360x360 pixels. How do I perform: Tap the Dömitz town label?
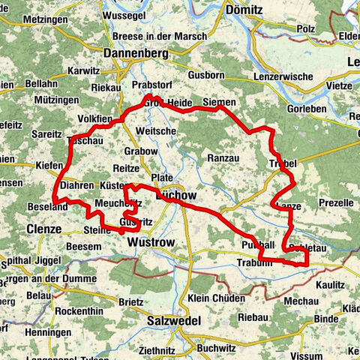click(245, 11)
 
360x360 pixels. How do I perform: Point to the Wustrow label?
click(150, 244)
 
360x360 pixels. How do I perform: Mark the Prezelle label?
click(334, 202)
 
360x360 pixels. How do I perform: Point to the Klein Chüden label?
click(216, 298)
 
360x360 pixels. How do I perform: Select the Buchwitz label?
click(215, 347)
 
